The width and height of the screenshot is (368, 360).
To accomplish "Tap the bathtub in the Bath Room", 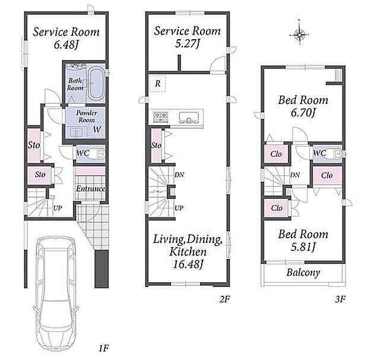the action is tap(96, 83).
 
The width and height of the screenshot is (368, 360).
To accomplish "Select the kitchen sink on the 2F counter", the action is tap(189, 117).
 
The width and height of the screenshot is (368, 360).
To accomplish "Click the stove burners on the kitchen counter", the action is tap(160, 116).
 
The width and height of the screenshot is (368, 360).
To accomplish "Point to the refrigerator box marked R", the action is tap(158, 83).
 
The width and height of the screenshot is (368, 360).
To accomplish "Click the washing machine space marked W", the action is tap(97, 130).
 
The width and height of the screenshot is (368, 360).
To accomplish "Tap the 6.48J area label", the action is tap(66, 45).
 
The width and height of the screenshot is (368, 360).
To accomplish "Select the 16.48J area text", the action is tap(188, 264).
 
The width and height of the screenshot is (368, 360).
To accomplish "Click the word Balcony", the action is tap(303, 273).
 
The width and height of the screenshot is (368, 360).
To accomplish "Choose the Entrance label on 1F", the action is tap(91, 188).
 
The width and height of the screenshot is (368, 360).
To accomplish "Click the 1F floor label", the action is tap(103, 348).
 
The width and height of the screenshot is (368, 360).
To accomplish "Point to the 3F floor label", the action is tap(340, 299).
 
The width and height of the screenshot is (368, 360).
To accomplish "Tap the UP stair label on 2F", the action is tap(179, 208).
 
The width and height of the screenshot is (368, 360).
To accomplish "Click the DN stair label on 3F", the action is tap(295, 175).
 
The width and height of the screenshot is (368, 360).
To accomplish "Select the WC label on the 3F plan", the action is tap(320, 153).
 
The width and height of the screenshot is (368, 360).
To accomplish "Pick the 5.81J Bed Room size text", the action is tap(303, 247).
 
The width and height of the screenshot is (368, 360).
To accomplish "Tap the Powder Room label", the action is tap(87, 116).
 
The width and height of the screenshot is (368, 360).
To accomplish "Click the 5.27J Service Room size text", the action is tap(188, 43).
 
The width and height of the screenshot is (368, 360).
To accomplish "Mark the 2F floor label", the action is tap(224, 299).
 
